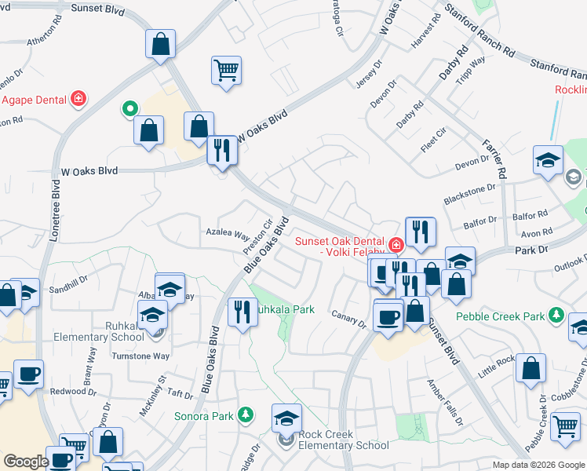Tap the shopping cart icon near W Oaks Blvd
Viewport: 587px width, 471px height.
226,70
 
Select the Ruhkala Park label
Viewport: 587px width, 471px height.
283,309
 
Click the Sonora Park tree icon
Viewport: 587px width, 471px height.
246,414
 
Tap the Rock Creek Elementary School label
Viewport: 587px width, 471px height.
343,440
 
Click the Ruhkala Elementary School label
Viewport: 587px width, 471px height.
98,330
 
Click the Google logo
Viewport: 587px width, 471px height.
25,462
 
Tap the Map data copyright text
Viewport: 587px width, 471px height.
538,465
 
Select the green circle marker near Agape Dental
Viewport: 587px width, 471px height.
128,108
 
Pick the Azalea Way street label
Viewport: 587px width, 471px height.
227,234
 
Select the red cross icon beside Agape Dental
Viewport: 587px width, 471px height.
78,99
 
